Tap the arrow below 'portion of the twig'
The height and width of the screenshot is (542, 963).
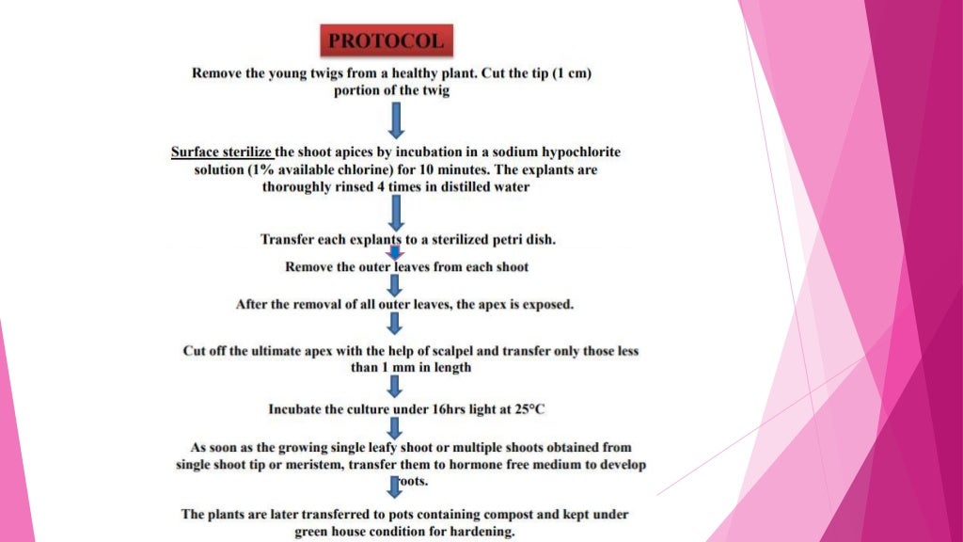(396, 119)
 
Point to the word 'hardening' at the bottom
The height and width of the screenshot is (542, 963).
(483, 532)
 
